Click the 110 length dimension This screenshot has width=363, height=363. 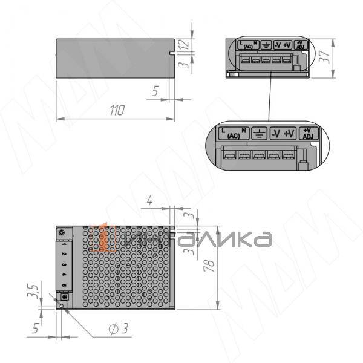coord(116,110)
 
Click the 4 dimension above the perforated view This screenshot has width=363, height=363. coord(149,202)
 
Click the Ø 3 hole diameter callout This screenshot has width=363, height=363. coord(117,329)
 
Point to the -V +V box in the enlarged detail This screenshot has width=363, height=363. coord(282,134)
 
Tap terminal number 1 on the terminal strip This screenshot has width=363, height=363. coord(63,243)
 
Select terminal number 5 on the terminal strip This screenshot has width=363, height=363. coord(63,284)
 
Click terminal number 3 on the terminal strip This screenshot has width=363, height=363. coord(63,264)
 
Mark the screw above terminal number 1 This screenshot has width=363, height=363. coord(60,232)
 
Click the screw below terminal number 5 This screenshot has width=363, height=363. coord(64,296)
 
